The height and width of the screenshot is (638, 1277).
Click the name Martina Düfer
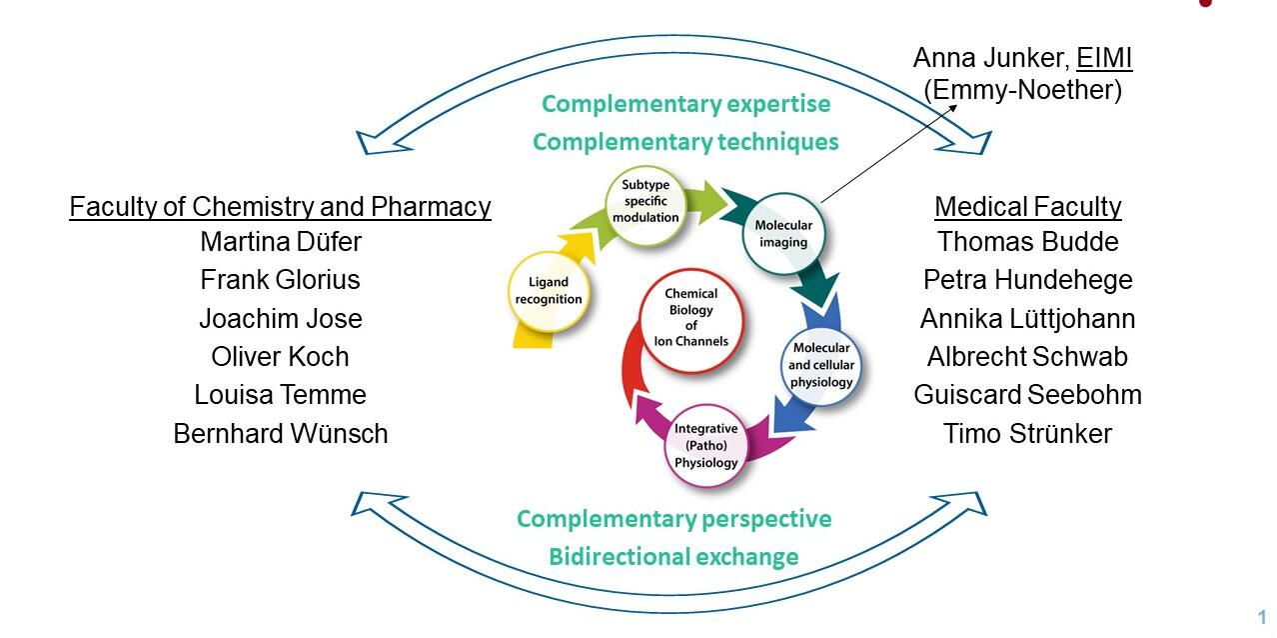(x=280, y=242)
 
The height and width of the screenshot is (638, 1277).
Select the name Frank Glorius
(x=280, y=280)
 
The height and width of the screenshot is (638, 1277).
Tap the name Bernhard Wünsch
(x=280, y=433)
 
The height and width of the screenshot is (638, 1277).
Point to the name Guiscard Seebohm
(x=1027, y=394)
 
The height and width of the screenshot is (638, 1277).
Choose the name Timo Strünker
(x=1027, y=433)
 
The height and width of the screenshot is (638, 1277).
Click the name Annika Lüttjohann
(x=1027, y=319)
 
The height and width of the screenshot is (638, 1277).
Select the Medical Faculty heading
(x=1027, y=207)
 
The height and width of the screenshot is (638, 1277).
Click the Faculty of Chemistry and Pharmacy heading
(x=280, y=207)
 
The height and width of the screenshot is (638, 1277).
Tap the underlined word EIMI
(x=1104, y=58)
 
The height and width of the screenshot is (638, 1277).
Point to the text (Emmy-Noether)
(x=1023, y=90)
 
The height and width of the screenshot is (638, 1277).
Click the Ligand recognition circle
(x=549, y=291)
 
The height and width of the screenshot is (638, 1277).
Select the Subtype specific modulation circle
(x=645, y=207)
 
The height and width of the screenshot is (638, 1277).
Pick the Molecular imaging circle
(x=783, y=233)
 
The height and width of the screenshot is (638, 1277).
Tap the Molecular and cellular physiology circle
(x=820, y=365)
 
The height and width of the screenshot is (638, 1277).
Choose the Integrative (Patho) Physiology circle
(x=705, y=445)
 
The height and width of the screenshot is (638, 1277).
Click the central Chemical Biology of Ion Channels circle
(x=690, y=317)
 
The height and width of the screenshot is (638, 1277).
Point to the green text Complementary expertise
(x=685, y=104)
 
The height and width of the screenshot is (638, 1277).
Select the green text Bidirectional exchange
(x=673, y=557)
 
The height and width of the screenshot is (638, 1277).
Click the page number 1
(x=1262, y=617)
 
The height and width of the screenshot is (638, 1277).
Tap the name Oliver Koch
(x=280, y=357)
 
